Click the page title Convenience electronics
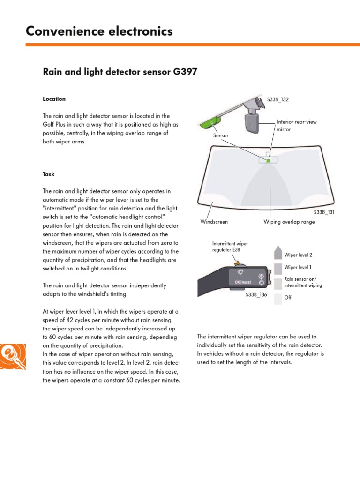pos(99,31)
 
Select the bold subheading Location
pos(54,99)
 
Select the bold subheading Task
pos(49,174)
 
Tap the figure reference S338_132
pos(278,100)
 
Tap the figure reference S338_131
pos(323,212)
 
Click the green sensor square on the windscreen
pos(268,160)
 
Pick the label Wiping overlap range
pos(289,222)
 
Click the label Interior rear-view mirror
pos(297,125)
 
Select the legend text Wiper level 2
pos(298,255)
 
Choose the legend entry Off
pos(288,297)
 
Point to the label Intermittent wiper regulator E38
pos(230,247)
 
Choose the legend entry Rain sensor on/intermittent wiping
pos(303,282)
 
